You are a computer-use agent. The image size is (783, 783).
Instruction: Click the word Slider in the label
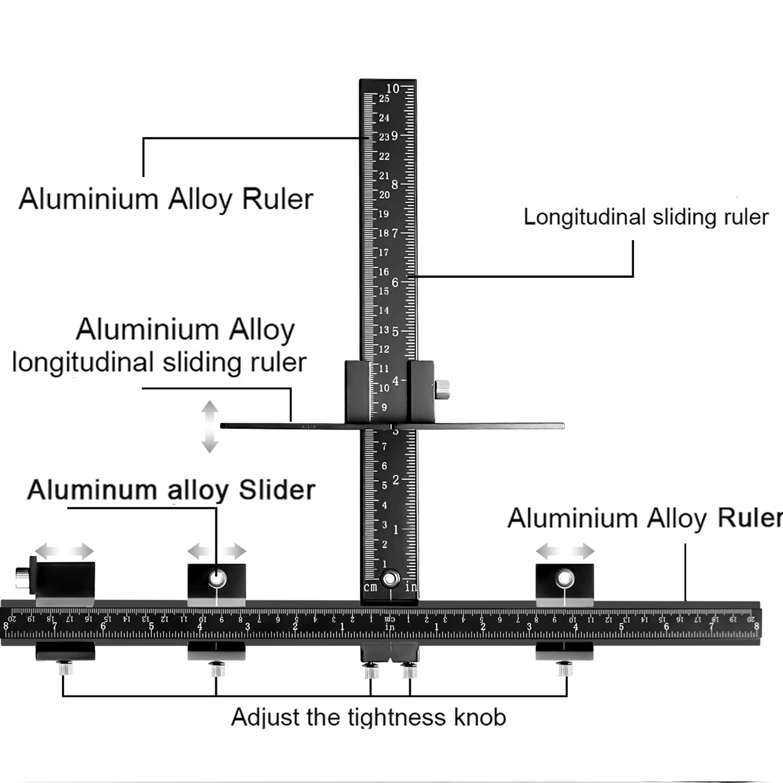(277, 490)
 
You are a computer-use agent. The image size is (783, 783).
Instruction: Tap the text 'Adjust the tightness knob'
(369, 717)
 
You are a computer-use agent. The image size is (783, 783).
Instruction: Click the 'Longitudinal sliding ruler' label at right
(646, 217)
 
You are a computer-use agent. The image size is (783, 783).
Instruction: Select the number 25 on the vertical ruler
(384, 99)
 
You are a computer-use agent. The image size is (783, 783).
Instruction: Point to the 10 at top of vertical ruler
(393, 88)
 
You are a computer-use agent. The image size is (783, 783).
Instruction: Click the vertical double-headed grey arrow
(210, 426)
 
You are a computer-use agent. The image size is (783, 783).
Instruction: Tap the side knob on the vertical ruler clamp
(443, 389)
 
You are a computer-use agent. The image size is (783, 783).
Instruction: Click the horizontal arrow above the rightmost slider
(565, 551)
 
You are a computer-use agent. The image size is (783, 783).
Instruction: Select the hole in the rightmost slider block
(564, 578)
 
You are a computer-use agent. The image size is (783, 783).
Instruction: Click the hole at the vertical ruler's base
(390, 578)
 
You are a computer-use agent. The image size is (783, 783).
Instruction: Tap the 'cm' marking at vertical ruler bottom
(370, 587)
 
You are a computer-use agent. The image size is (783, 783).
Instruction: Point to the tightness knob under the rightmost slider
(563, 668)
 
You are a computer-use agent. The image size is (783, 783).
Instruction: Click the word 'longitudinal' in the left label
(83, 363)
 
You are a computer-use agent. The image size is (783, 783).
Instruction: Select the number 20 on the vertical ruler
(384, 195)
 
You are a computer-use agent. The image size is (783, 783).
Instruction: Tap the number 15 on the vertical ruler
(384, 291)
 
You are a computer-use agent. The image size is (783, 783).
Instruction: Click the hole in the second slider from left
(217, 578)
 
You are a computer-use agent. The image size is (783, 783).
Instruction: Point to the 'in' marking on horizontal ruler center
(390, 627)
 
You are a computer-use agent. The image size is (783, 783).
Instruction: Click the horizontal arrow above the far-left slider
(64, 551)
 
